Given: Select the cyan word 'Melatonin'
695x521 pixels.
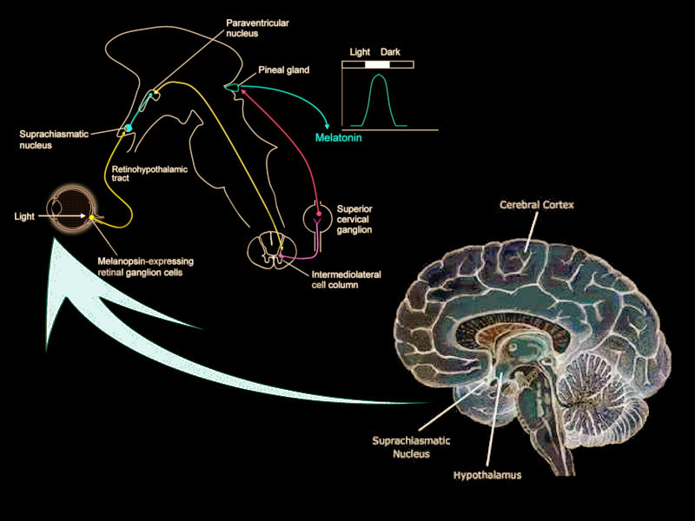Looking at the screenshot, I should pos(338,137).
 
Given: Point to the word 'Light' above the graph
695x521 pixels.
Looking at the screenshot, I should pos(360,52).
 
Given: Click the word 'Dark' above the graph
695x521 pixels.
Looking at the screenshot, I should pos(390,52).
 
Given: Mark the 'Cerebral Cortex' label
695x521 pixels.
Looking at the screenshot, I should pos(536,205).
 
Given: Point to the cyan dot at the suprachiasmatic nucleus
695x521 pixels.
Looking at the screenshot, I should pos(129,128).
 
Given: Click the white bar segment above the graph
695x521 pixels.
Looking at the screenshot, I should pos(378,64).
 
